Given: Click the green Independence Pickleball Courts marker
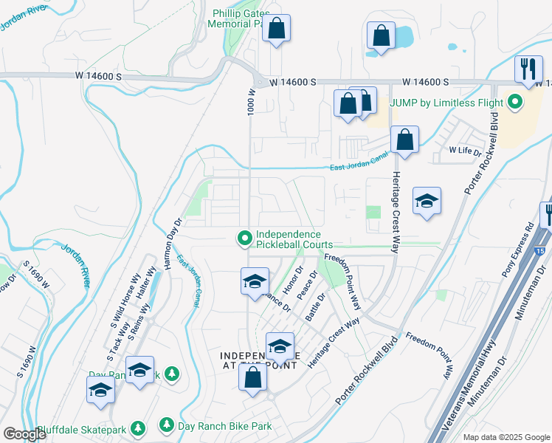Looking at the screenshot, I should point(244,238).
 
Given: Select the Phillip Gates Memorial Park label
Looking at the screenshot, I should point(240,18).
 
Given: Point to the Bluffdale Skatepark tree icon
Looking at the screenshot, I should point(137,427).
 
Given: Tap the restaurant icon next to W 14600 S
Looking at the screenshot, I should point(527,69).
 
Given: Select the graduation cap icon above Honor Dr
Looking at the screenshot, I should point(254,281).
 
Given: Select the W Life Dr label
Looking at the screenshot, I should point(466,150).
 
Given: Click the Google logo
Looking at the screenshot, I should point(25,434).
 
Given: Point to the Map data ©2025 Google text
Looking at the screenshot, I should point(505,437).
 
